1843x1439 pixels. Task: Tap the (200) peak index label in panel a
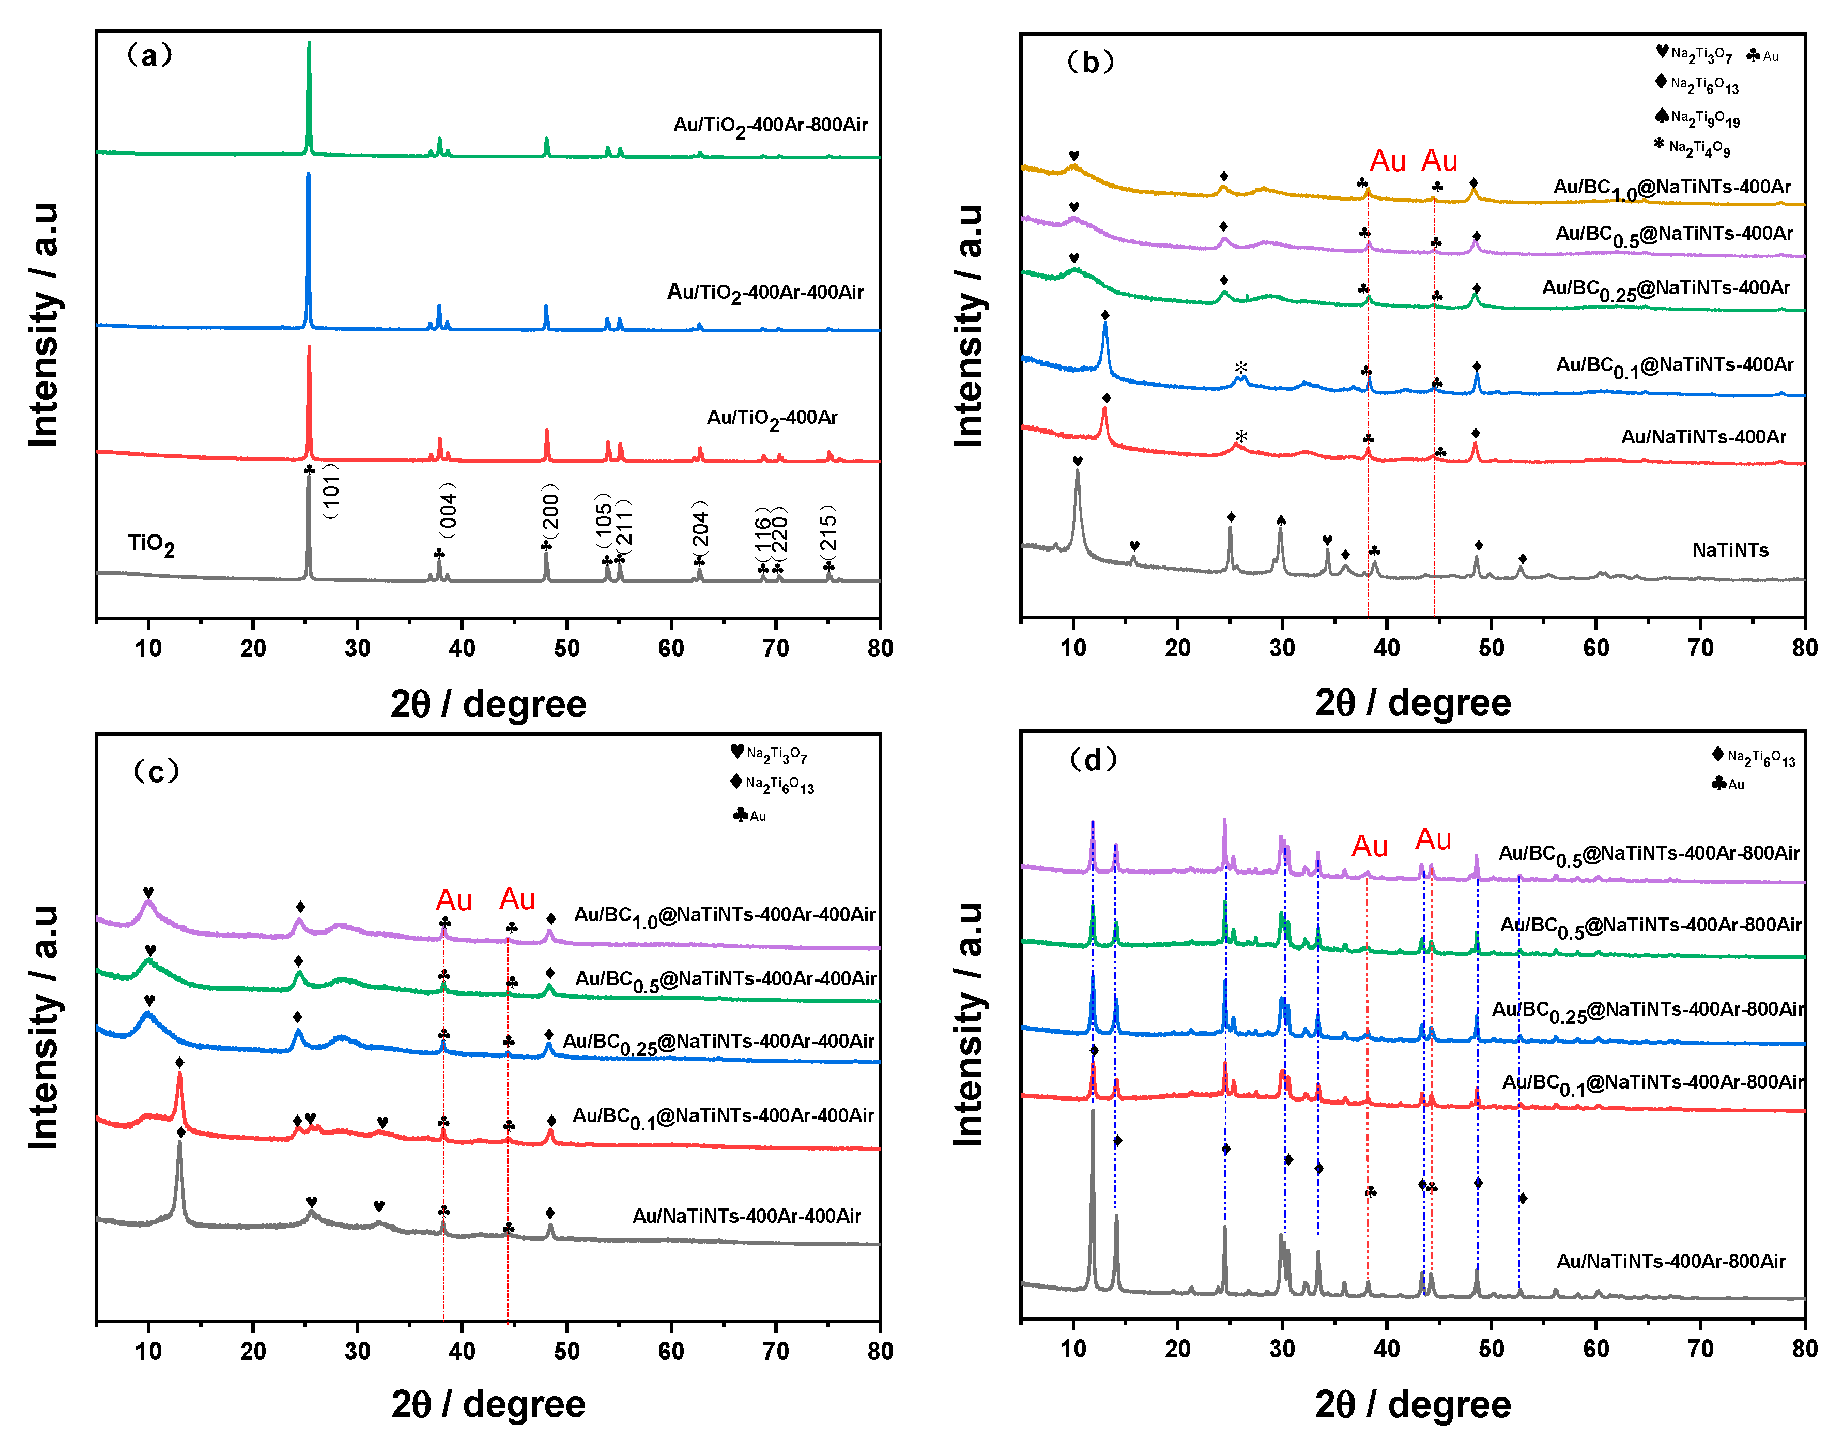549,512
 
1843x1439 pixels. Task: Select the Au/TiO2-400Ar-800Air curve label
770,126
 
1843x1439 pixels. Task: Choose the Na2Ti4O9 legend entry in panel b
1692,148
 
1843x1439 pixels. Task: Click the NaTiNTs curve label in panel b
1730,550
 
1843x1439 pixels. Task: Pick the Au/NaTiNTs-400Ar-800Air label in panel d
1671,1261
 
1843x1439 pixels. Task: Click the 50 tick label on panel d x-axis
1491,1349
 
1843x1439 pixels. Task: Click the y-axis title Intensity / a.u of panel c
44,1027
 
